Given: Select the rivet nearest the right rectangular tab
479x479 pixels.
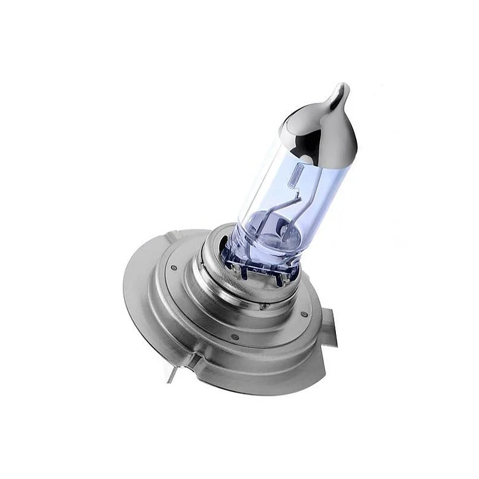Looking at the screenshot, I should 304,314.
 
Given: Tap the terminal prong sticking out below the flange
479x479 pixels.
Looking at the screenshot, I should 171,375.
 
